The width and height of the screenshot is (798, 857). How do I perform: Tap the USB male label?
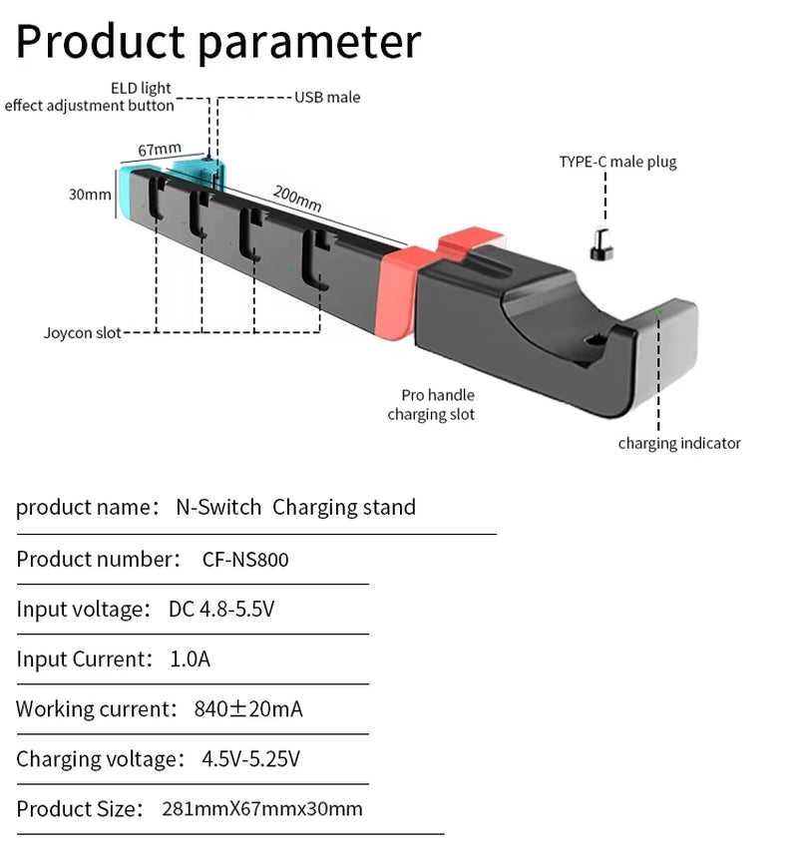327,98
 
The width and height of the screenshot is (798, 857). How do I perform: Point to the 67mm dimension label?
160,150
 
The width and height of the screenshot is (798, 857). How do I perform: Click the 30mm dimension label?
90,195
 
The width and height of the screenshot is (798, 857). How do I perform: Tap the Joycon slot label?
82,332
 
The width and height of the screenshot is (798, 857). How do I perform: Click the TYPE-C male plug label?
617,162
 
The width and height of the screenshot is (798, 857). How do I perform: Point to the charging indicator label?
679,443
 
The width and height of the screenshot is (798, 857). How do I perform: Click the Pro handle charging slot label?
432,404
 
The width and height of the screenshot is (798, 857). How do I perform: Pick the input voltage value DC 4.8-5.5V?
221,609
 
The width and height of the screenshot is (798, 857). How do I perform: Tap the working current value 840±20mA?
248,709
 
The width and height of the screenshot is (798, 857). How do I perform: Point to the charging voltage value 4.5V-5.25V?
250,759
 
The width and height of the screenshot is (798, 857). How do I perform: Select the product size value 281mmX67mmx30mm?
262,809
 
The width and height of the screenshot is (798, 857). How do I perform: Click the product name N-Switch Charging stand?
295,507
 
